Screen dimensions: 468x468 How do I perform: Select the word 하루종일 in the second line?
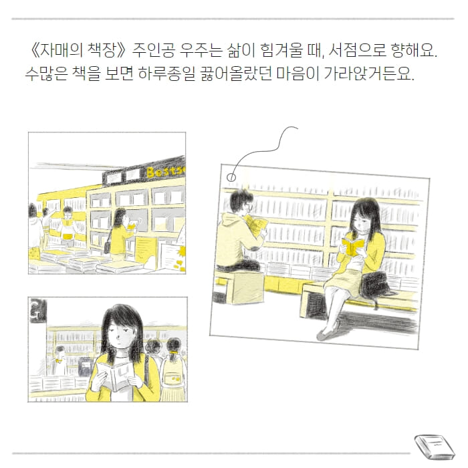166,74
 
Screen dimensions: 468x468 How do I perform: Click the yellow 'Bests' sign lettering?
164,172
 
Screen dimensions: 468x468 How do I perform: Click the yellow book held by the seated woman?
352,245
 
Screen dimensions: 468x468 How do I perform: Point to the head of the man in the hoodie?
240,201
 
